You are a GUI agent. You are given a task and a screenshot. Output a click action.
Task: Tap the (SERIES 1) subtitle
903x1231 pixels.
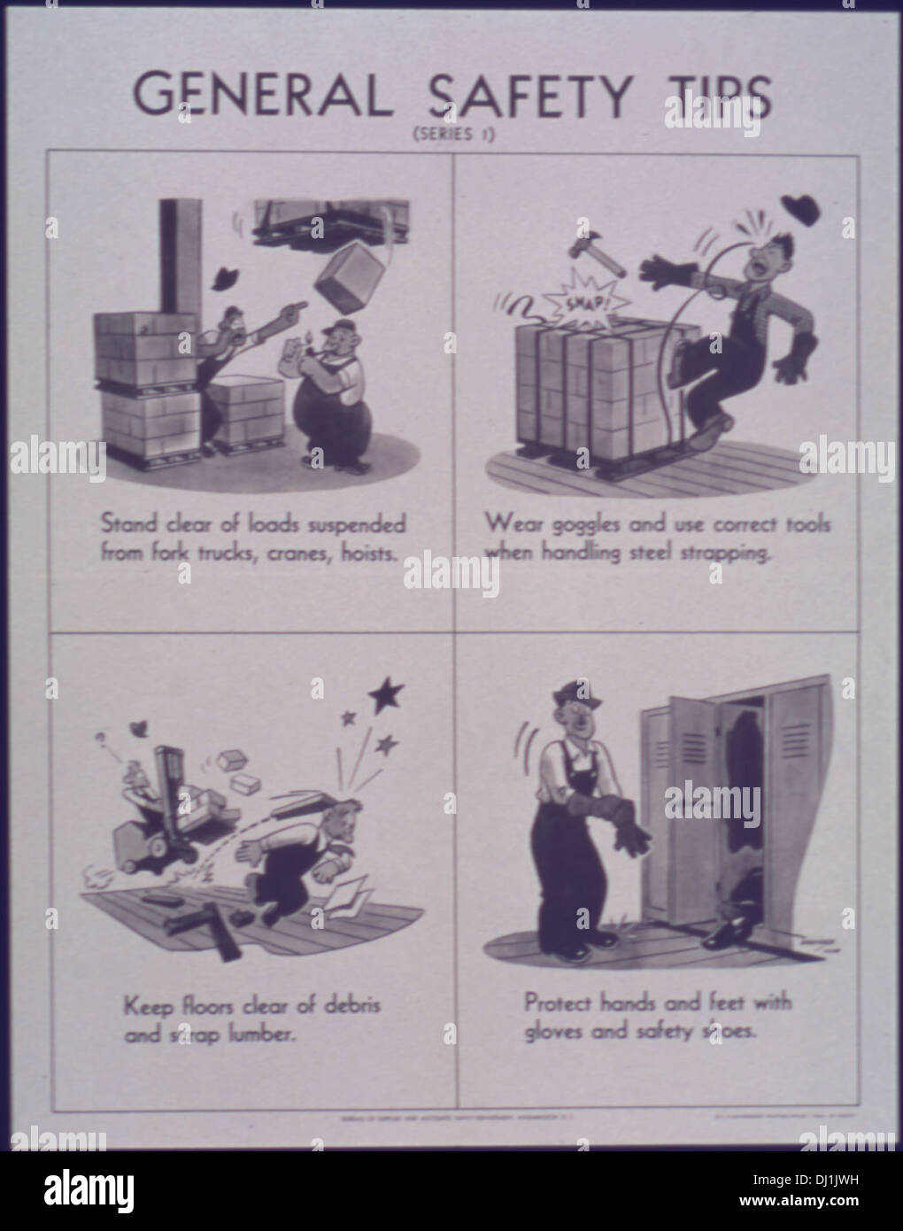tap(451, 135)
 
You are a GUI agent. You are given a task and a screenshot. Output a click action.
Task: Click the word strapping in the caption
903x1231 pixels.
tap(714, 554)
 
